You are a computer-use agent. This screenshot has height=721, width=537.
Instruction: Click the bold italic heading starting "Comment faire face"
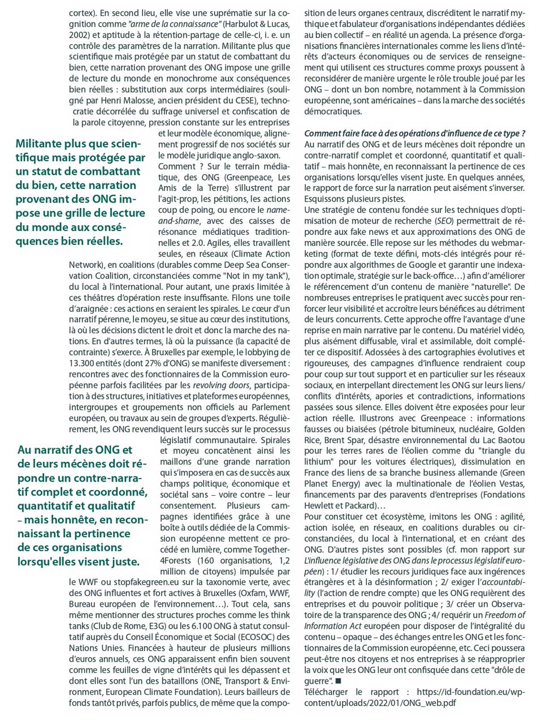(x=415, y=134)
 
